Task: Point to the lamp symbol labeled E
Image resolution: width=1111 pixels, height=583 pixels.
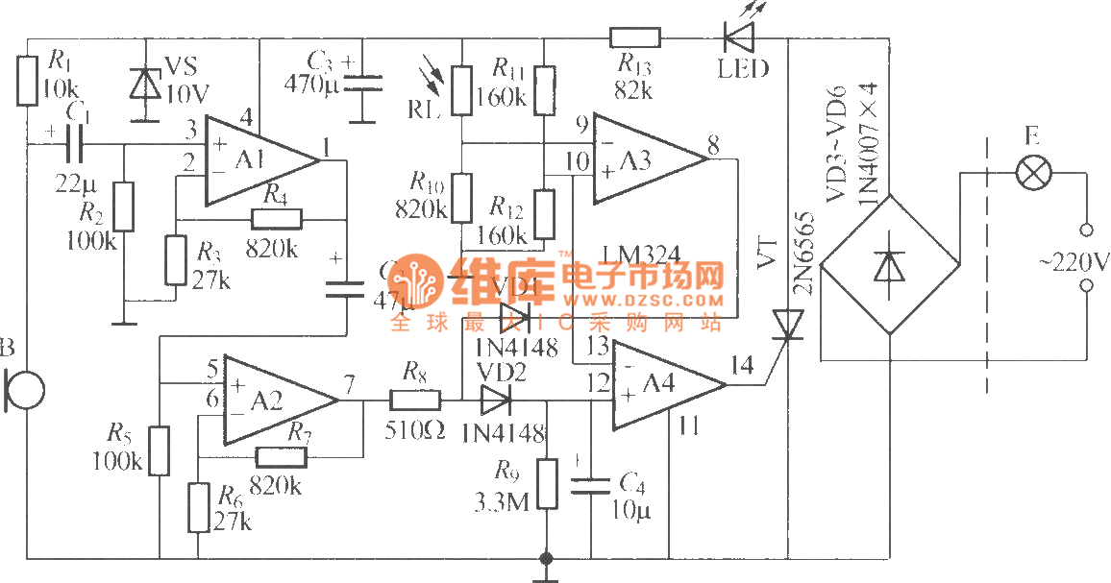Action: point(1035,174)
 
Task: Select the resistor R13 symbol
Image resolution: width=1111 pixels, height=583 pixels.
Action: point(635,38)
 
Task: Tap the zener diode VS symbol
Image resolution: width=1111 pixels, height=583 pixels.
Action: point(145,85)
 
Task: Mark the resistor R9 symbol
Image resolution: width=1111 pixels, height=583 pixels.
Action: point(547,483)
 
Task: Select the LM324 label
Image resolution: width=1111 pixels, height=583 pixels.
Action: point(641,254)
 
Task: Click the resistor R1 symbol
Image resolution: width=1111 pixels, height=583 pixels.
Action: point(27,81)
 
